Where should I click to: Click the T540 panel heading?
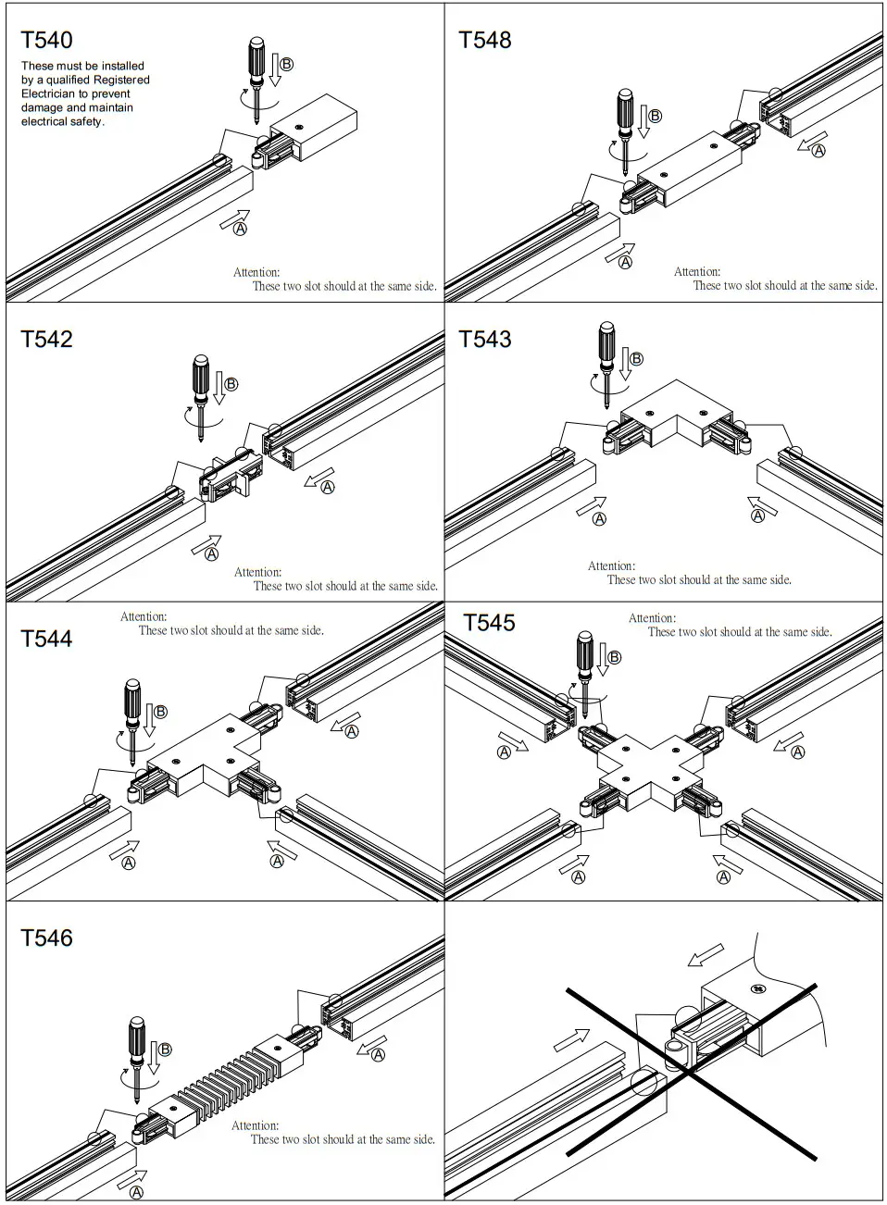(46, 40)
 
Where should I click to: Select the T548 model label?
(485, 40)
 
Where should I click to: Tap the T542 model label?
(46, 339)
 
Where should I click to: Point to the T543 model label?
(485, 339)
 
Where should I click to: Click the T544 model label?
(46, 639)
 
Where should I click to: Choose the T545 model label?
(489, 623)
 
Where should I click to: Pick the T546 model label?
(46, 938)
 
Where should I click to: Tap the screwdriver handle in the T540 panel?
(258, 58)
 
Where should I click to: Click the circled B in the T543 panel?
(636, 359)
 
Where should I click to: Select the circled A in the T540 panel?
(240, 228)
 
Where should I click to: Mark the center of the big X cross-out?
(690, 1072)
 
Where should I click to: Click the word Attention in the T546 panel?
(255, 1125)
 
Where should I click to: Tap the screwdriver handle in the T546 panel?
(135, 1037)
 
